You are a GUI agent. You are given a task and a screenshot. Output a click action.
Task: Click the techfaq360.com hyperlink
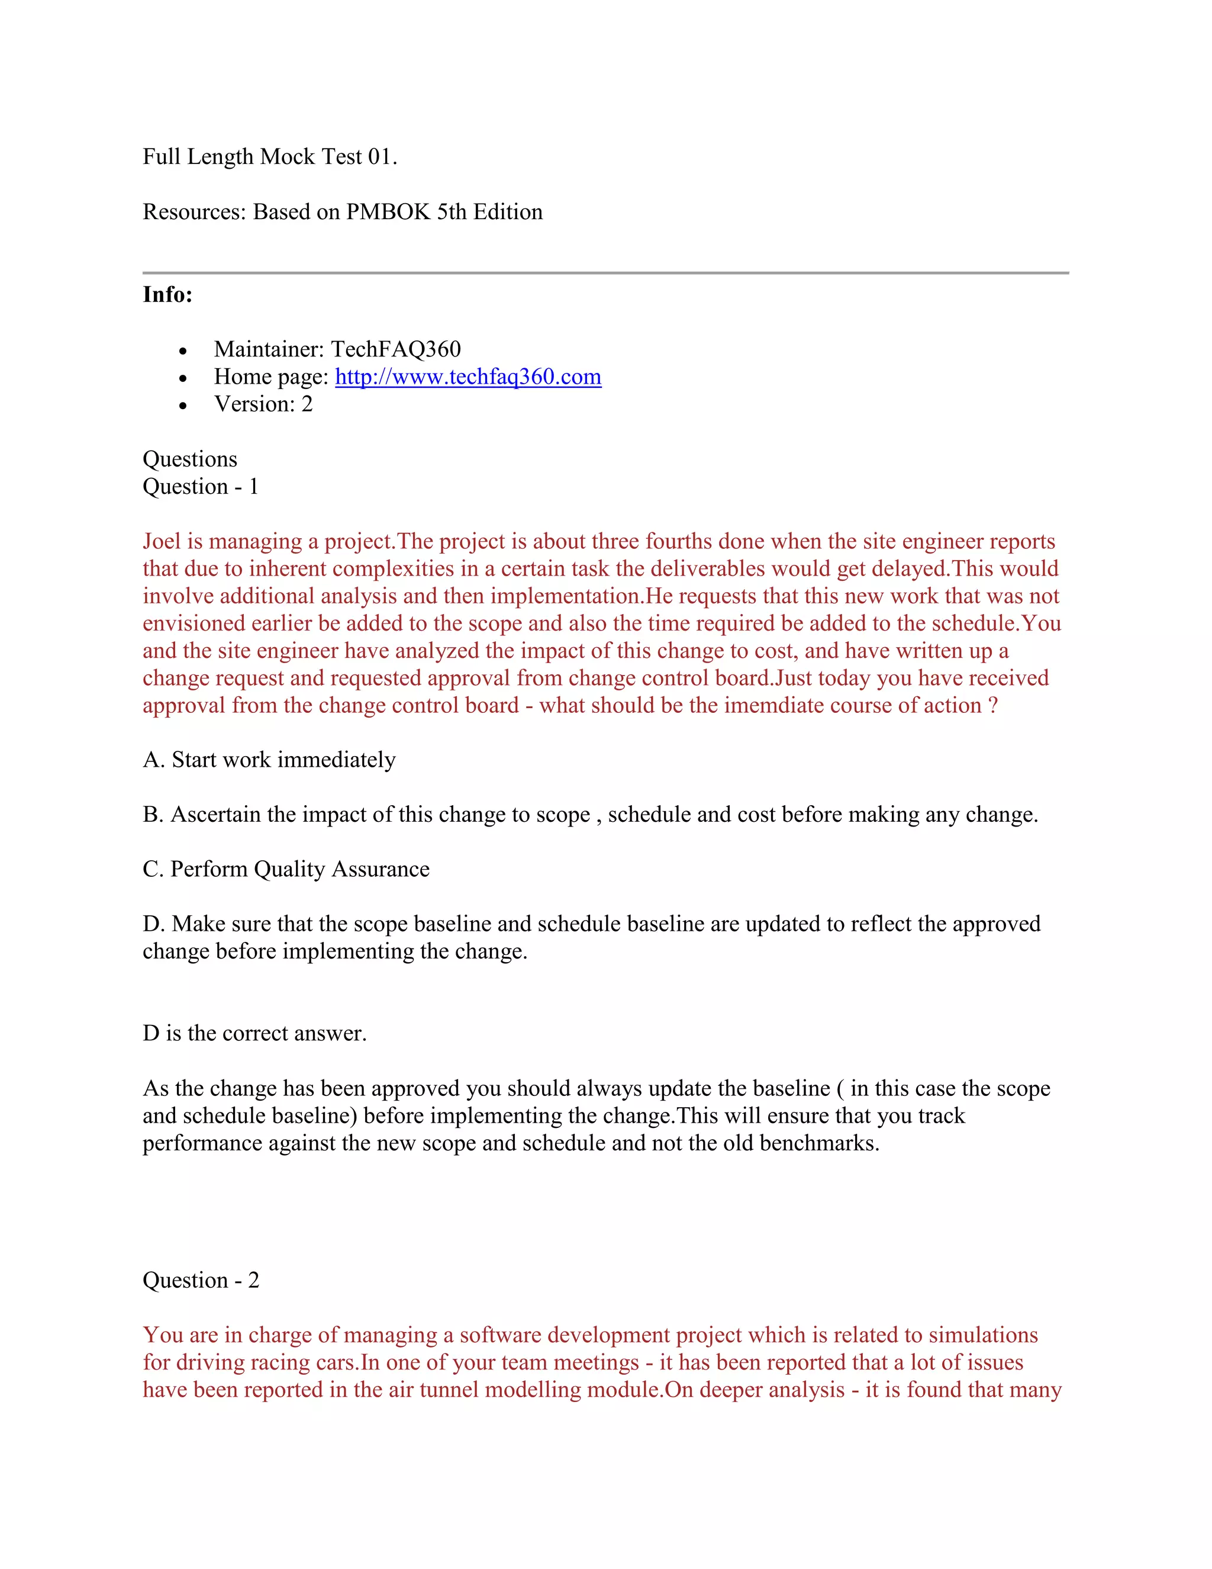468,377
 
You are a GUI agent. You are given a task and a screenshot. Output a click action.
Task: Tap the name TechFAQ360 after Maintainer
396,350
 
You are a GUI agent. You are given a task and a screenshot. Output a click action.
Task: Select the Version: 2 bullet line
263,404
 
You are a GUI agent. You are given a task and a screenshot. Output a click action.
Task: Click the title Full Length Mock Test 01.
269,157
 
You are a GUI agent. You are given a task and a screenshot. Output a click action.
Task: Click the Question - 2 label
201,1280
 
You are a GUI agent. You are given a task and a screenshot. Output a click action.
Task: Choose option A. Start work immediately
269,760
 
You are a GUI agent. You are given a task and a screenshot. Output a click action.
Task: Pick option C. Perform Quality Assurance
286,869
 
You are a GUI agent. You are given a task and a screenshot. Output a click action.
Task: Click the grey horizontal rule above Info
605,273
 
